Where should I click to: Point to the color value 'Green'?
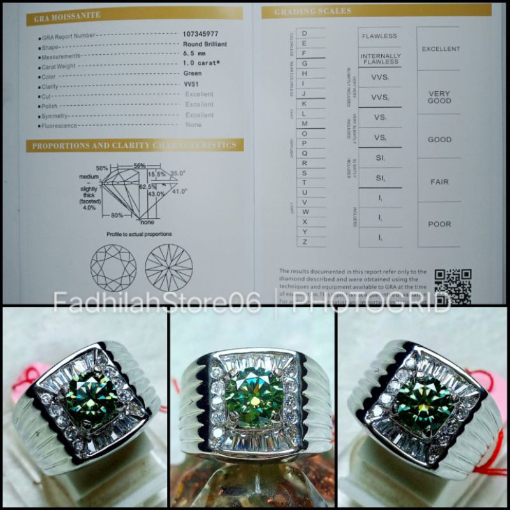point(193,73)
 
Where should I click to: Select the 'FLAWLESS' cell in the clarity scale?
point(380,36)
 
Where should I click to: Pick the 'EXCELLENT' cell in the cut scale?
point(440,49)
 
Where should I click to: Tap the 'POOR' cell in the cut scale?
point(439,224)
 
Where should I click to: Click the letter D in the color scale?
point(304,33)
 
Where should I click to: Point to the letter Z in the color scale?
point(304,242)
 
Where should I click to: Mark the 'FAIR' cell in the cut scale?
point(439,182)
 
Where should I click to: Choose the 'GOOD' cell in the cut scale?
point(439,140)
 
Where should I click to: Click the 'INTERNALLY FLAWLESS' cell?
point(381,59)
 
